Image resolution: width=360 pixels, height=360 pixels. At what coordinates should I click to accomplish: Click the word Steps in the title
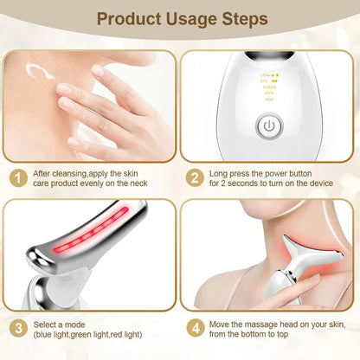click(x=235, y=17)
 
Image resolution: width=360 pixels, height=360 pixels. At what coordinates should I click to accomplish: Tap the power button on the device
click(x=271, y=125)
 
